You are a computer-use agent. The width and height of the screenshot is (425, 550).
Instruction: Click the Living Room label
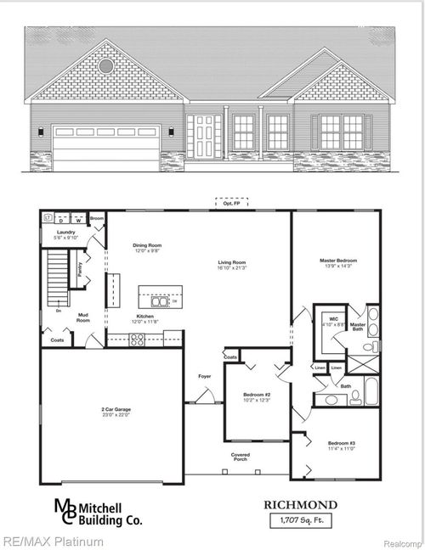coord(232,263)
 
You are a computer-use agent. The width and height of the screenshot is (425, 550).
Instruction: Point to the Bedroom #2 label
coord(256,396)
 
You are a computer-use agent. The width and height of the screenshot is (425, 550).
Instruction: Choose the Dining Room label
coord(147,246)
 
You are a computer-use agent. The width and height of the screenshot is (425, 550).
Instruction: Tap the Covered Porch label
coord(241,456)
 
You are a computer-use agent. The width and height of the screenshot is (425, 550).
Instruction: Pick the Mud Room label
coord(83,316)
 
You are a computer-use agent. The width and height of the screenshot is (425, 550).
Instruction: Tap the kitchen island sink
coord(159,300)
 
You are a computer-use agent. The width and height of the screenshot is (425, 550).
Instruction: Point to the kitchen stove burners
coord(138,339)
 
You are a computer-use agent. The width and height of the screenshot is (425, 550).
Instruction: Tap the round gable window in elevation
coord(105,65)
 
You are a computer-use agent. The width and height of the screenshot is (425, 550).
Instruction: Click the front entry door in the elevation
coord(205,137)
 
